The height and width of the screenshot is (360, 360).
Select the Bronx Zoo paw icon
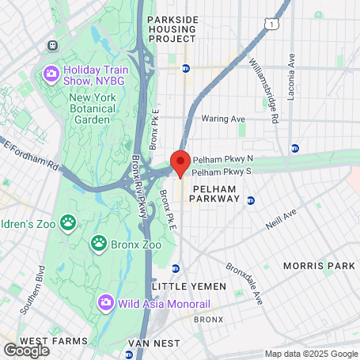tap(99, 242)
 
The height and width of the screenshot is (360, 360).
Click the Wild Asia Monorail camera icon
tap(105, 303)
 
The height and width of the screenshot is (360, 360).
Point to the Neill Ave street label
tap(279, 218)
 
